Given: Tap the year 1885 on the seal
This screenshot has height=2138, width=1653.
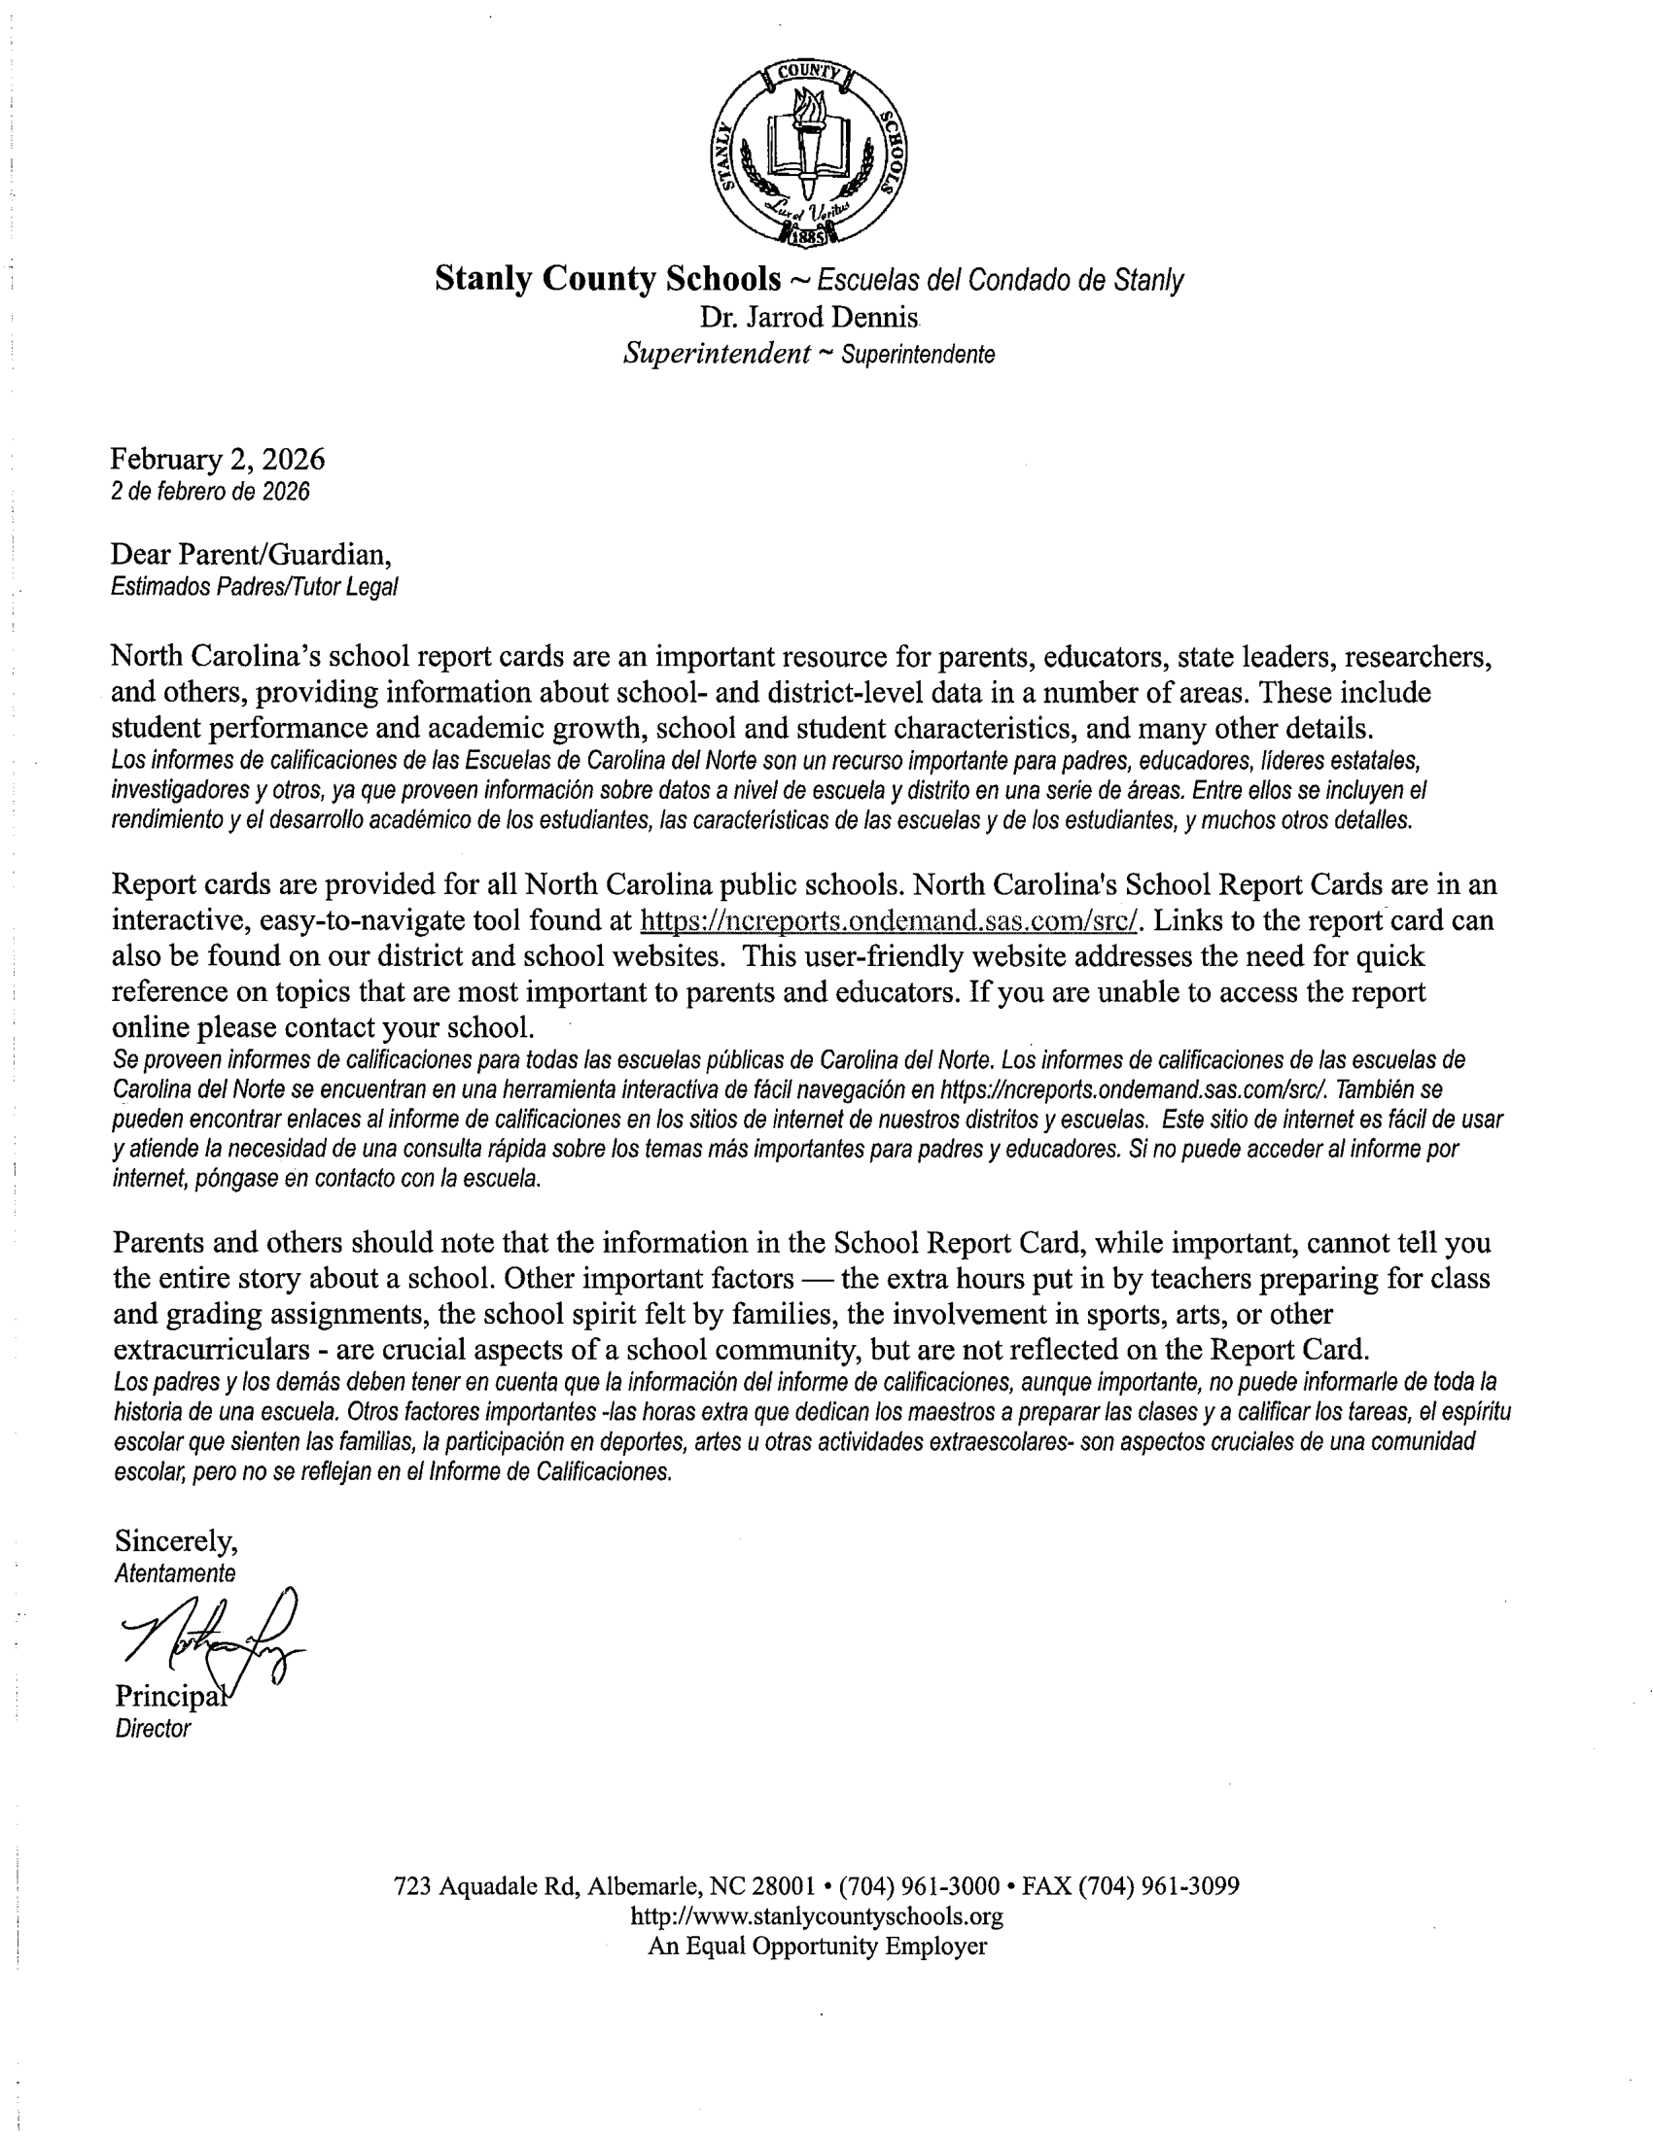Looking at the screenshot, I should point(809,236).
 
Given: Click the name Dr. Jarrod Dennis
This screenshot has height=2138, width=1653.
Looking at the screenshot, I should point(809,317).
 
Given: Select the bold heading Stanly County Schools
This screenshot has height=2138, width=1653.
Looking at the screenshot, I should point(607,279).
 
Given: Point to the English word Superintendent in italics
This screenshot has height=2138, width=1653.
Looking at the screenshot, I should point(716,354).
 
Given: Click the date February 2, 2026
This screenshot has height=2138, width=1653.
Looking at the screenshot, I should point(218,459).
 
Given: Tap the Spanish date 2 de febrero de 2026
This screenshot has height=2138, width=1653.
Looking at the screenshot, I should point(210,492).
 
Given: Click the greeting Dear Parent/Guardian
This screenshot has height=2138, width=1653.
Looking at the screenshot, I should point(251,555).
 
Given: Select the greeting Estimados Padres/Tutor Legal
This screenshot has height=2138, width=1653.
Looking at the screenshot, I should point(254,587).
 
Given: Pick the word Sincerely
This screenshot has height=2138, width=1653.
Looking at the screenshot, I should point(176,1541).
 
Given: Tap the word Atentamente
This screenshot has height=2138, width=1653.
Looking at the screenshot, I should point(175,1574).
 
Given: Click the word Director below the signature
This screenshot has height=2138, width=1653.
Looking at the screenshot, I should point(153,1729).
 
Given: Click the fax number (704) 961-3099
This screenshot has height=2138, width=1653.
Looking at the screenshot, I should point(1158,1886).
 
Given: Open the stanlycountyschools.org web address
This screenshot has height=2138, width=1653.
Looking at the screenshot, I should point(817,1915).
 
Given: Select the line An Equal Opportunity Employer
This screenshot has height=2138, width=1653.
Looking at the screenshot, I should point(817,1947).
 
